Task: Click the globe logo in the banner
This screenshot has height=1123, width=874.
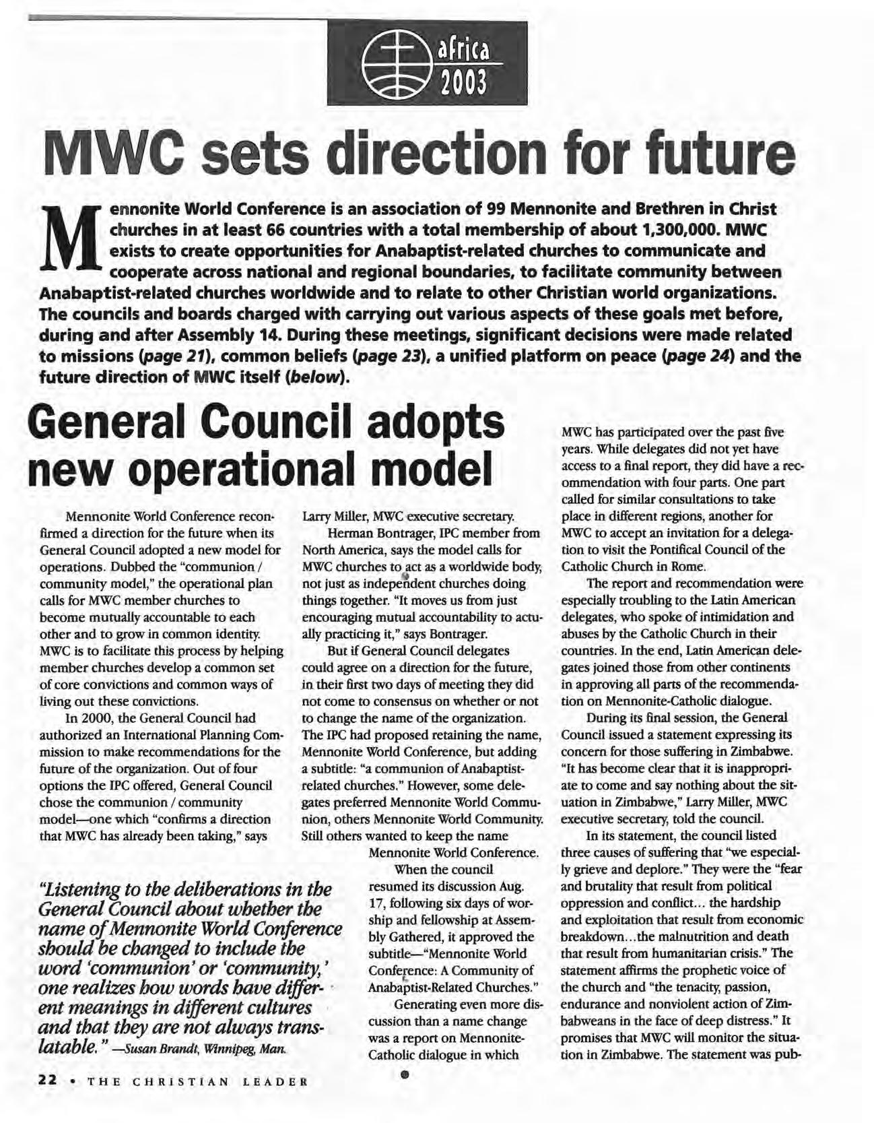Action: (x=393, y=64)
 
